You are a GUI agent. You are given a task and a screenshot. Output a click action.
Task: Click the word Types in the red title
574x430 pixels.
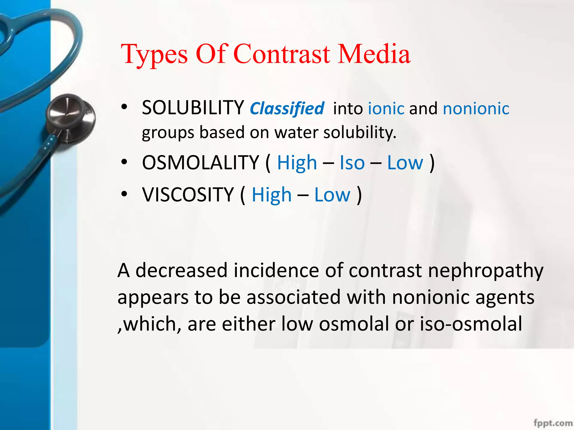[154, 55]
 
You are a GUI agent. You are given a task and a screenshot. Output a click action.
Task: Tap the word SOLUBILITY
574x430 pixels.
[193, 108]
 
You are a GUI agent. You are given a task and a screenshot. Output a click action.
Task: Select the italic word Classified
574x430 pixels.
[287, 109]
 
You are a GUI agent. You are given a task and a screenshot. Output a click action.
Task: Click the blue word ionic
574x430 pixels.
[386, 109]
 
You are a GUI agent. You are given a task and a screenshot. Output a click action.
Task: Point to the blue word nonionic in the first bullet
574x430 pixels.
[476, 109]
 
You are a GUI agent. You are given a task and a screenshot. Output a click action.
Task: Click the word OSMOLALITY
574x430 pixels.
[200, 163]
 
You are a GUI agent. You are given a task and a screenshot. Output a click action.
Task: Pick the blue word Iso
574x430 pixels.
[352, 163]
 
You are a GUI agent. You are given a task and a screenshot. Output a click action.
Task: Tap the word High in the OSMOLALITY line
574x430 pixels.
[297, 163]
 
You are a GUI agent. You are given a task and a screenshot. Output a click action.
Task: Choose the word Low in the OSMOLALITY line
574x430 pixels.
[405, 163]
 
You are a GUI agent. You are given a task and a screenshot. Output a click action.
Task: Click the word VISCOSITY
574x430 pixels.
[188, 195]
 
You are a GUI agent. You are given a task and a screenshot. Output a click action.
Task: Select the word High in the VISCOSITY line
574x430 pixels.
[272, 195]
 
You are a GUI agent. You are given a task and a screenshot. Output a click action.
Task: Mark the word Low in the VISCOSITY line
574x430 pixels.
[332, 195]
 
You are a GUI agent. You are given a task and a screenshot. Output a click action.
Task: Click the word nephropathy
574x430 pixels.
[485, 271]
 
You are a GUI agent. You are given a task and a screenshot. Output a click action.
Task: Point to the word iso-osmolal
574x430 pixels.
[471, 324]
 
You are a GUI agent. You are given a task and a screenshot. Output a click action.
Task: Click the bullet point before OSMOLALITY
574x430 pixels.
[124, 162]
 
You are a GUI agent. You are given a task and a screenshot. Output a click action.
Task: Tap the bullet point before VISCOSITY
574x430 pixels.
[124, 194]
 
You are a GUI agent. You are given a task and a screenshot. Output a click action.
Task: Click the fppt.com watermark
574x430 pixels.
[553, 423]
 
